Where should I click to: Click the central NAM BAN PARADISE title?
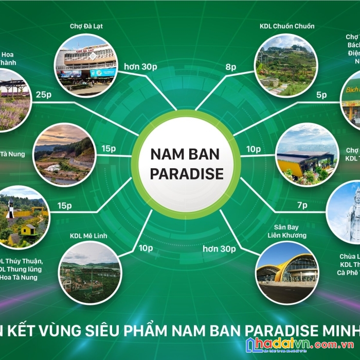pyautogui.click(x=186, y=164)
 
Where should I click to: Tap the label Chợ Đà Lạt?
pyautogui.click(x=86, y=26)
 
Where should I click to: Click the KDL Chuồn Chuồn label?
pyautogui.click(x=287, y=26)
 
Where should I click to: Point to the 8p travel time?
pyautogui.click(x=231, y=67)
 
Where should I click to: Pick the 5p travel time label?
pyautogui.click(x=321, y=95)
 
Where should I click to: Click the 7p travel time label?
pyautogui.click(x=302, y=205)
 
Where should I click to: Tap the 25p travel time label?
pyautogui.click(x=44, y=95)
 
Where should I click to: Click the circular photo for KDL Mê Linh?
pyautogui.click(x=90, y=272)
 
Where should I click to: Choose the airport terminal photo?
pyautogui.click(x=287, y=271)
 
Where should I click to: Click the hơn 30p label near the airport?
pyautogui.click(x=219, y=249)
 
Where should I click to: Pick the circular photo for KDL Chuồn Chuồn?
pyautogui.click(x=286, y=65)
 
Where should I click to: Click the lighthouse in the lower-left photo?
pyautogui.click(x=10, y=208)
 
